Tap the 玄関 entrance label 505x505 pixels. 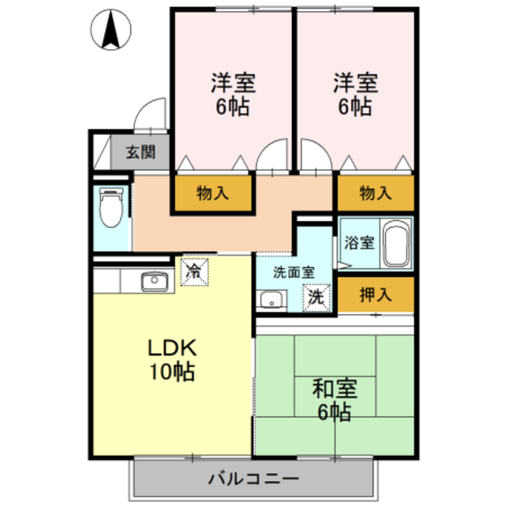point(141,151)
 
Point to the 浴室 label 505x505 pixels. point(358,242)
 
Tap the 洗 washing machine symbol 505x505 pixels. point(316,298)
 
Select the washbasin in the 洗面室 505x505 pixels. point(273,300)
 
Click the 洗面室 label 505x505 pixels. point(293,272)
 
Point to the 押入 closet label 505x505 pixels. point(376,295)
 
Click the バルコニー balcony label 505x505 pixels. point(253,477)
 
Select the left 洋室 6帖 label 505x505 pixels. point(233,95)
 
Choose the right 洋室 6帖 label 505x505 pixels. point(355,95)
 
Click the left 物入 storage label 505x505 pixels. point(213,192)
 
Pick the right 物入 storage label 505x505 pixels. point(376,192)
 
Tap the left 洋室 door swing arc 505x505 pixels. point(272,154)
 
